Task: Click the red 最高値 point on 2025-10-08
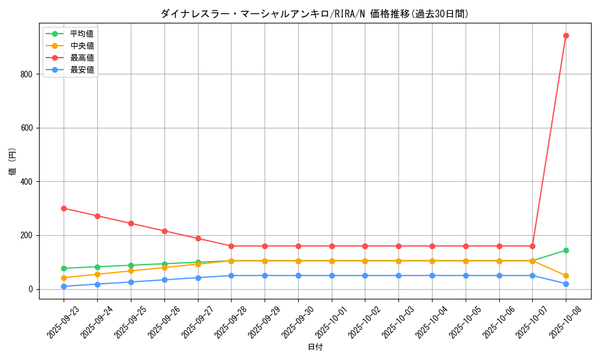click(x=566, y=35)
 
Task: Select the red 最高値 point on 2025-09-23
click(x=64, y=208)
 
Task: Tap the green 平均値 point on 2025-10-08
click(x=566, y=250)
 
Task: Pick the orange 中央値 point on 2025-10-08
click(x=566, y=276)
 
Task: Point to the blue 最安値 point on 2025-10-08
click(x=566, y=284)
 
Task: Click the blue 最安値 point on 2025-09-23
click(x=64, y=286)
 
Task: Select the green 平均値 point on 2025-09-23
click(x=64, y=268)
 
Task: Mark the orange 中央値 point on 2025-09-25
click(x=131, y=271)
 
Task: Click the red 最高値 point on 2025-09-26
click(x=164, y=231)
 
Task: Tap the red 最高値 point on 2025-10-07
click(x=532, y=246)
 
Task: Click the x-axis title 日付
click(x=315, y=347)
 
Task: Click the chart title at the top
click(x=315, y=14)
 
